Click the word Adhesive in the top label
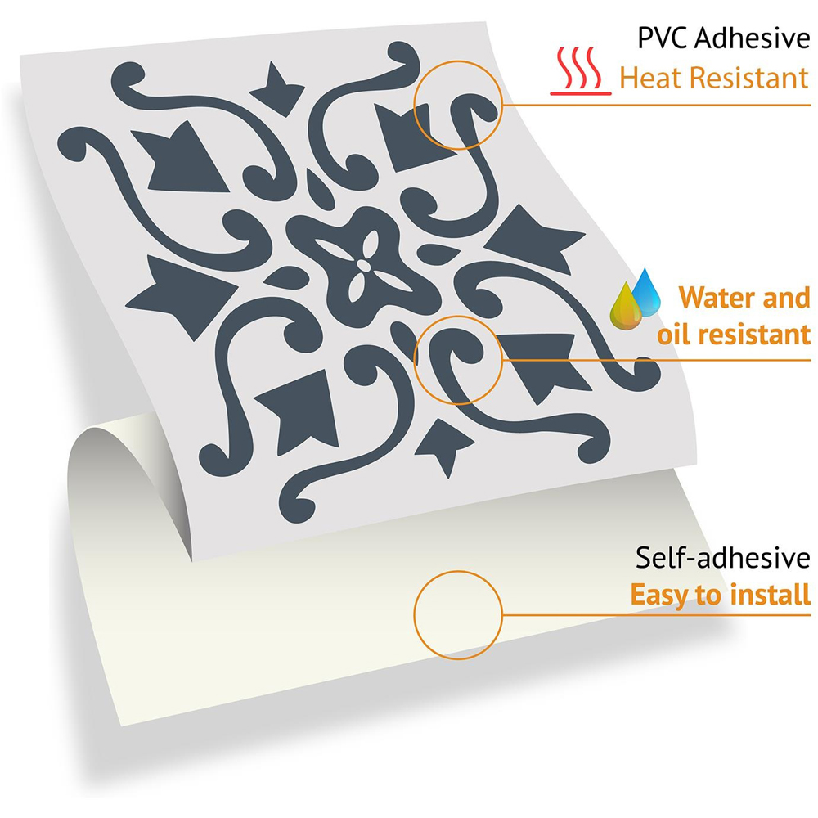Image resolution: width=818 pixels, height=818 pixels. [x=753, y=38]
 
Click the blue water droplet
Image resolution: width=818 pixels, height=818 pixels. [x=646, y=292]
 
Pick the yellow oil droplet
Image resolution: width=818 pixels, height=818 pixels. [x=626, y=307]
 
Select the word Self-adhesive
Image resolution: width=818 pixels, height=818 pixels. [x=722, y=558]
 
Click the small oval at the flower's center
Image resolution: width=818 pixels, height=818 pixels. [x=364, y=266]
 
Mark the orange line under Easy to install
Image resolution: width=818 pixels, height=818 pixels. [x=656, y=615]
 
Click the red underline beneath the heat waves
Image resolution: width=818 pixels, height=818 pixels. [x=581, y=93]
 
